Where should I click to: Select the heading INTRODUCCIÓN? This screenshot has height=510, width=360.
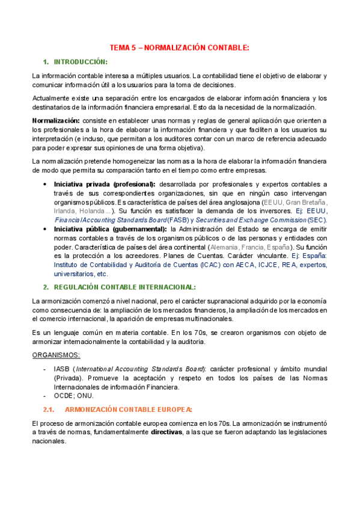81,62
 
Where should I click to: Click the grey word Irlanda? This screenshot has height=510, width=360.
66,210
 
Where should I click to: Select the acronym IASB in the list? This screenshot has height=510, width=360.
61,369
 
